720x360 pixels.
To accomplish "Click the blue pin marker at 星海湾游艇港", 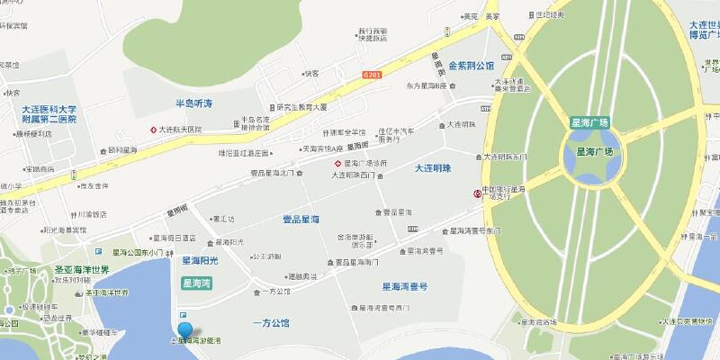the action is tap(185, 331).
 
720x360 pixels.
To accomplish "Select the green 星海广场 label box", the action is tap(590, 122).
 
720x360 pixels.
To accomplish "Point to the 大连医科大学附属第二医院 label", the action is tap(50, 113).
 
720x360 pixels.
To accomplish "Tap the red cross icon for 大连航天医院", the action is tap(153, 130).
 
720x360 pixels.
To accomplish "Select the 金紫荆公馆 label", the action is tap(472, 66).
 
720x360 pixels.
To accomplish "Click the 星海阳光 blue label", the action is tap(201, 261).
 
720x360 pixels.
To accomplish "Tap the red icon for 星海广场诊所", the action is tap(338, 164).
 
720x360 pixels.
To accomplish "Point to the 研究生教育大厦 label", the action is tap(304, 105).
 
